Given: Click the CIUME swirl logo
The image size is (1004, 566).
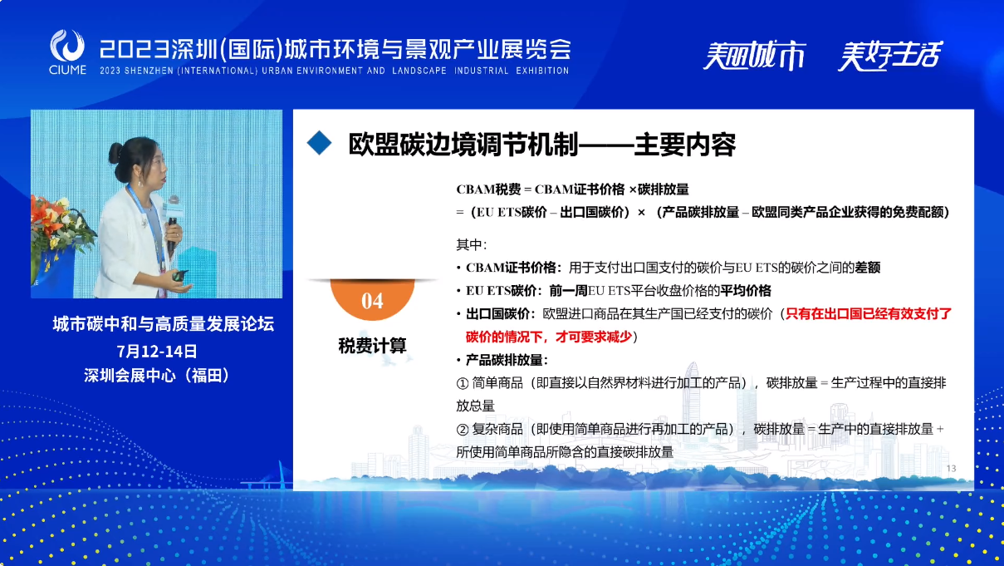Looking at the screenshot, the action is click(x=67, y=46).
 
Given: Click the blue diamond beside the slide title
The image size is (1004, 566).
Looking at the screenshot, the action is click(x=319, y=143).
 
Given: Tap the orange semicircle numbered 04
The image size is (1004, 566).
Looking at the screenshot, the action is click(x=372, y=299).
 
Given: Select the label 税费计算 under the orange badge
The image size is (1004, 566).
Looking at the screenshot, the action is click(x=372, y=346).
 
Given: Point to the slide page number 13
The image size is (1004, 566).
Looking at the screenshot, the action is click(x=951, y=469).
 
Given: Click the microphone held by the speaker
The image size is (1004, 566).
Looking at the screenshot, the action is click(x=173, y=222).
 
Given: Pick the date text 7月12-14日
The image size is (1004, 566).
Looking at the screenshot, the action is click(x=156, y=352).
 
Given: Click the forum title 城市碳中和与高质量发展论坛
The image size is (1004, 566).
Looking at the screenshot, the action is click(x=163, y=324).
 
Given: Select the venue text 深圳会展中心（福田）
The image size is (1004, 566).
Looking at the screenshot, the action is click(x=156, y=376).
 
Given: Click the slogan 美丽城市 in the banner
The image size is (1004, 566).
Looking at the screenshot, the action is click(x=754, y=55).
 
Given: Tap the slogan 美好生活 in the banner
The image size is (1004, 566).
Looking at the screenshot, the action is click(x=890, y=55).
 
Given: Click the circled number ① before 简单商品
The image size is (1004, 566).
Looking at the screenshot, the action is click(x=462, y=383).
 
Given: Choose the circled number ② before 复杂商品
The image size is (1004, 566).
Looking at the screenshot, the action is click(x=462, y=430).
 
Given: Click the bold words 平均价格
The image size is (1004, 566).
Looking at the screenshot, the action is click(x=746, y=291).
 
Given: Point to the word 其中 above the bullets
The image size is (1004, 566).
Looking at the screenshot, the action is click(x=469, y=245).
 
